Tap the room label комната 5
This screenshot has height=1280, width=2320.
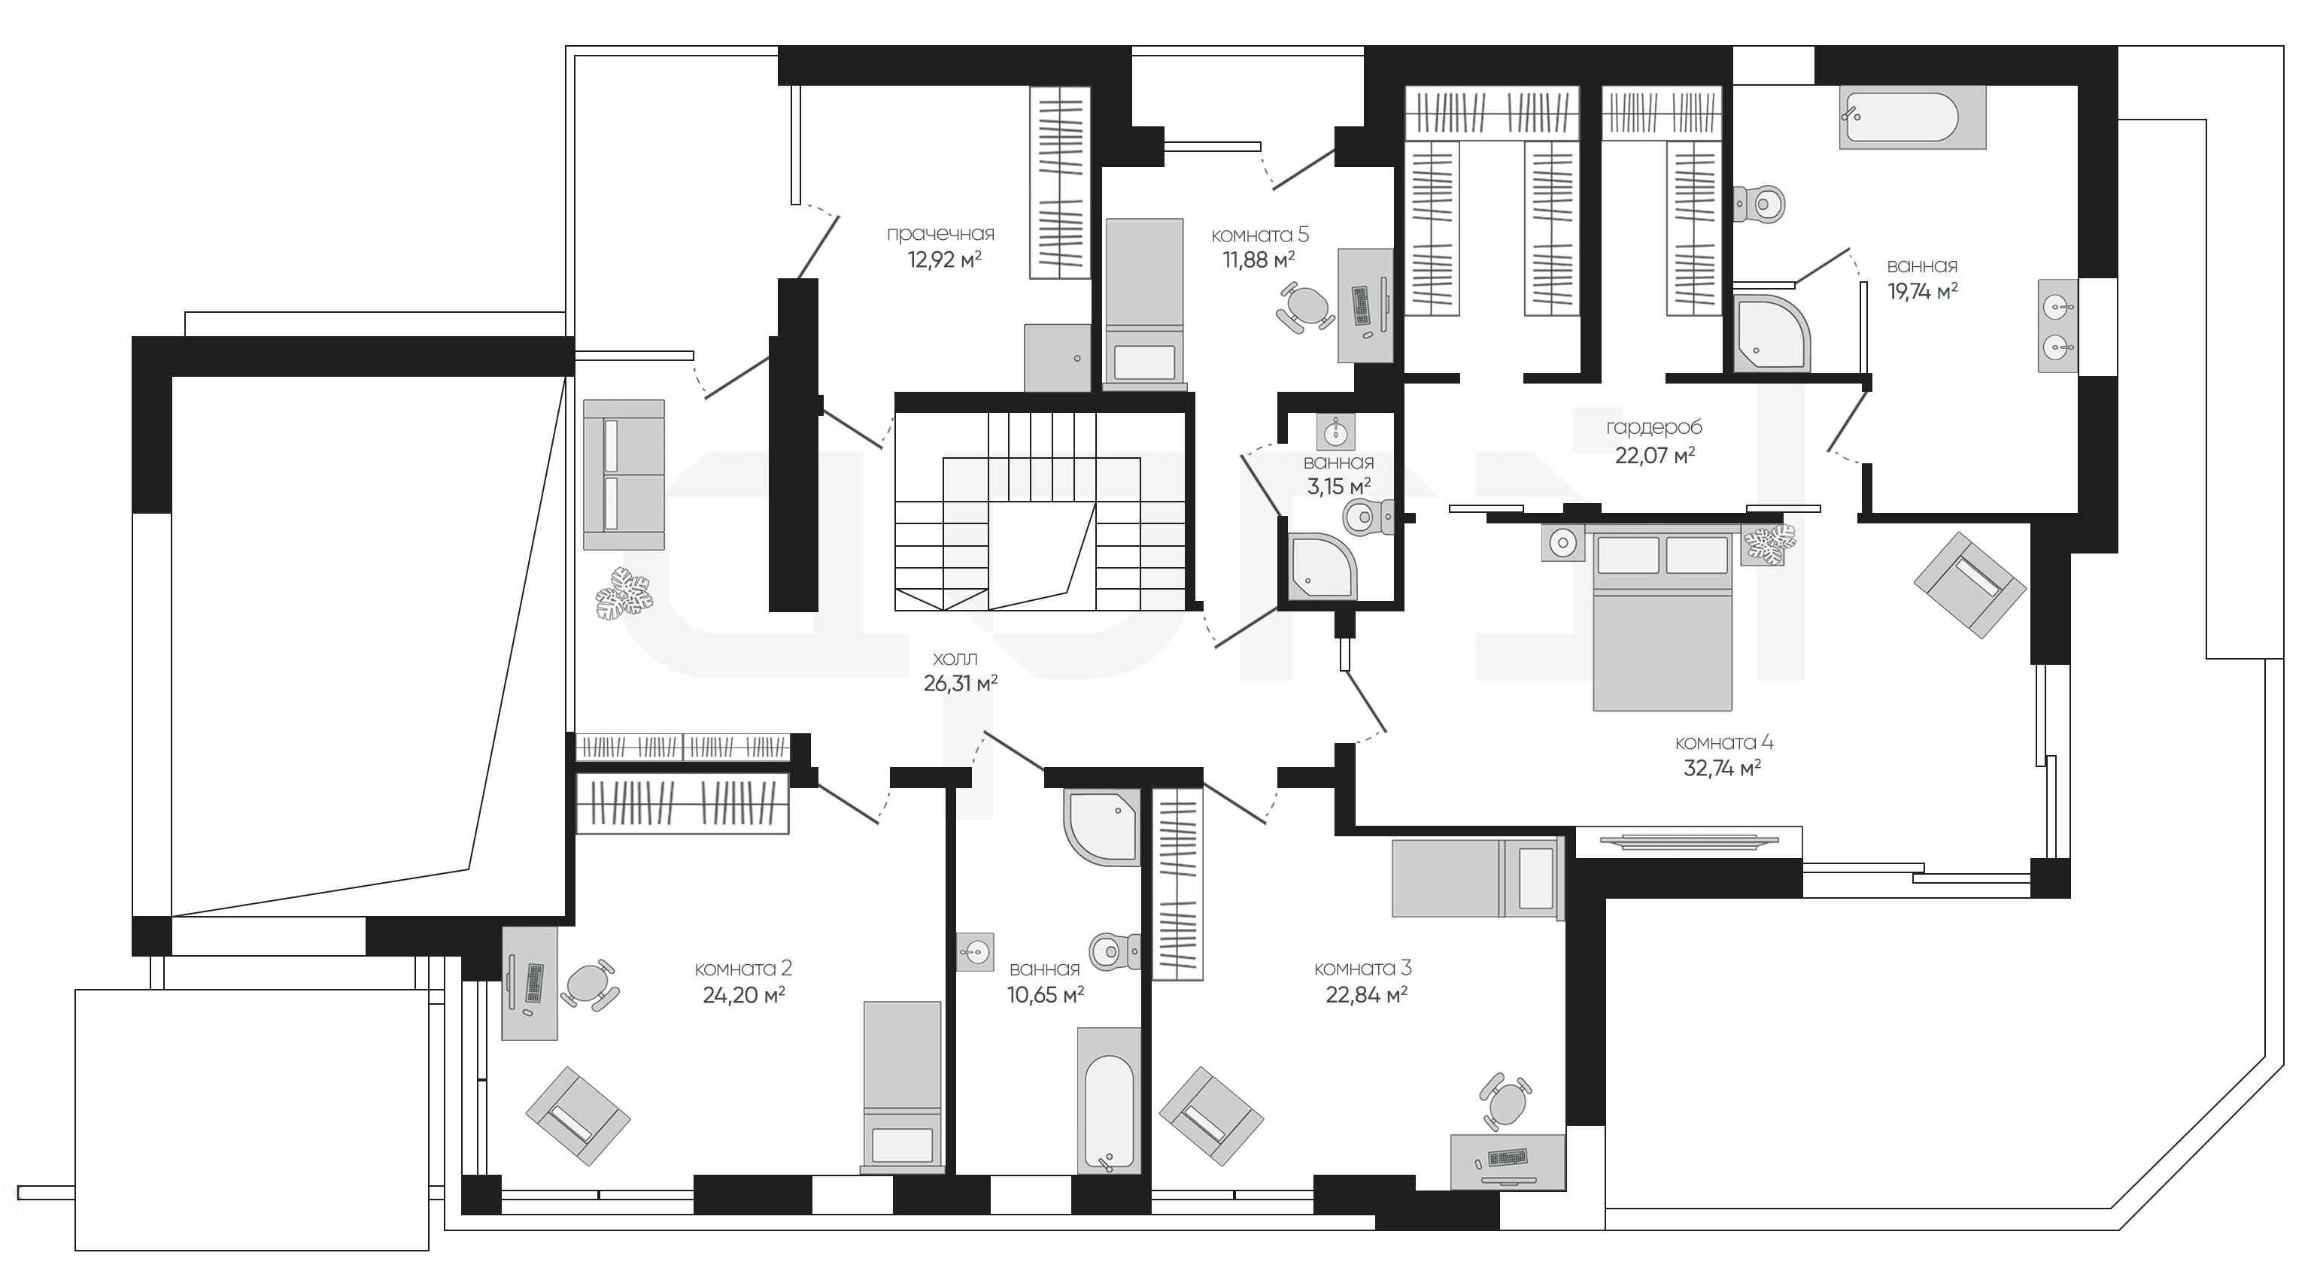pyautogui.click(x=1259, y=235)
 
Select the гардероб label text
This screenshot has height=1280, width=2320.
pyautogui.click(x=1654, y=429)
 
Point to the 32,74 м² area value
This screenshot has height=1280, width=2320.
pyautogui.click(x=1722, y=768)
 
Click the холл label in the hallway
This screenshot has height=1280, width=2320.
pyautogui.click(x=955, y=659)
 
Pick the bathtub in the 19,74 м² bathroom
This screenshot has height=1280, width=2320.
pyautogui.click(x=1912, y=118)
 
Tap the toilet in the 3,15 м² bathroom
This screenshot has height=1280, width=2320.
pyautogui.click(x=1367, y=517)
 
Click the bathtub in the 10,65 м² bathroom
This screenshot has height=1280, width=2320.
pyautogui.click(x=1110, y=1101)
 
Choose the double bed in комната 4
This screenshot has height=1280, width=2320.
pyautogui.click(x=1663, y=617)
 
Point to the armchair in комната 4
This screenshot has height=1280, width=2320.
pyautogui.click(x=1969, y=585)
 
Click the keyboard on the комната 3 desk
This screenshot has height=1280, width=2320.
pyautogui.click(x=1507, y=1157)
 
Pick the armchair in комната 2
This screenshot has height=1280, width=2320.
pyautogui.click(x=577, y=1116)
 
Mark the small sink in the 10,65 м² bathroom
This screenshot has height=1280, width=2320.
pyautogui.click(x=976, y=951)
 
